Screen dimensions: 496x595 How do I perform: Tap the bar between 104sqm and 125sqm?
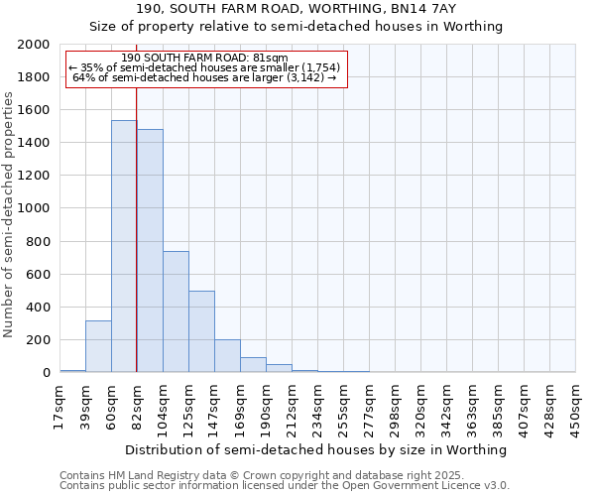pos(176,311)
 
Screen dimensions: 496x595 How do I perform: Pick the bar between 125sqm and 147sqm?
pos(201,331)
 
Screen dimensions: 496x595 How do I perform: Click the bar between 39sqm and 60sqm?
pos(98,346)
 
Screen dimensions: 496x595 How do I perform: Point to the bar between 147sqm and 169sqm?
pos(227,356)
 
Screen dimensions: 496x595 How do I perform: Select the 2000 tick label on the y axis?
pos(35,45)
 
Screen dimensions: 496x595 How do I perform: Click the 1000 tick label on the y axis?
pos(35,209)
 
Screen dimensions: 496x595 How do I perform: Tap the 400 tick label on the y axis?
pos(39,308)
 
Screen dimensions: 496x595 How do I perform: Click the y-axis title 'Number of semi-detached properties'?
pos(10,214)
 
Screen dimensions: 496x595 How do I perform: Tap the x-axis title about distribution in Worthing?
pos(317,449)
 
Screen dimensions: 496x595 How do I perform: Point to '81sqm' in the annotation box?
pos(270,58)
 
